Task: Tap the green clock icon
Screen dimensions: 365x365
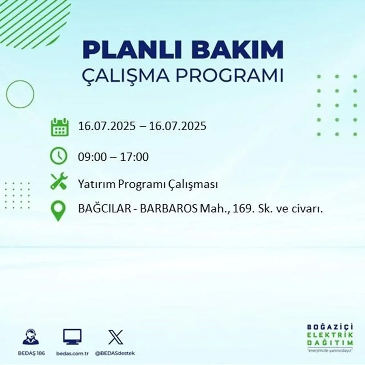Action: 59,156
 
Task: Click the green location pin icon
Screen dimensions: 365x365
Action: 58,211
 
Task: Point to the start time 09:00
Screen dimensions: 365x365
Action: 92,157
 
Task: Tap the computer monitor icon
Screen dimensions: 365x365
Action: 72,337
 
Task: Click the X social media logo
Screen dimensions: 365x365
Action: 115,337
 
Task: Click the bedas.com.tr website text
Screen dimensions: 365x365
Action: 72,353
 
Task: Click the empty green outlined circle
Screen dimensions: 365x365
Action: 20,94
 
